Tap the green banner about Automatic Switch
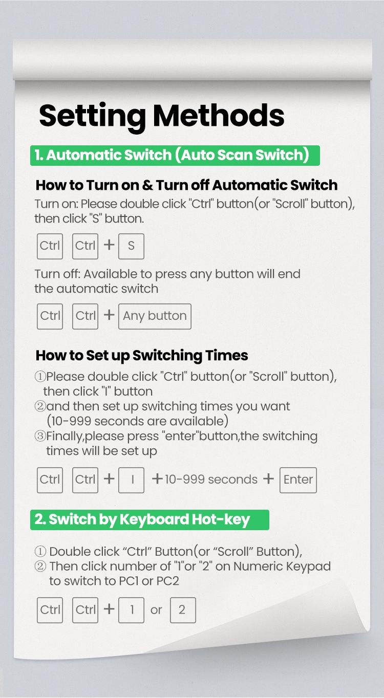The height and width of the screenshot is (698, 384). coord(175,156)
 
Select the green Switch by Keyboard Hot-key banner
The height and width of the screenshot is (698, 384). coord(150,519)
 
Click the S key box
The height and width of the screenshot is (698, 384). coord(131,246)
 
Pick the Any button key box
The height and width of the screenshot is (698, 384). coord(155,316)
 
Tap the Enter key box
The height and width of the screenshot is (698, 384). coord(298,480)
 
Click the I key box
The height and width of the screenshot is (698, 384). coord(131,480)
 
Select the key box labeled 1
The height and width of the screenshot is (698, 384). coord(131,610)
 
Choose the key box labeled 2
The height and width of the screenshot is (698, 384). coord(183,610)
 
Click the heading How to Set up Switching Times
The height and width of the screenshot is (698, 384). coord(142,356)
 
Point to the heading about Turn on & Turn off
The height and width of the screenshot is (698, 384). coord(186,185)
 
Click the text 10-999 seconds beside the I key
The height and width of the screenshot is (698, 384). coord(211,479)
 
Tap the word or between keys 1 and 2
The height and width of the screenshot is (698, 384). coord(156,610)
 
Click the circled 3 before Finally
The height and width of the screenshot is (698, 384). coord(40,436)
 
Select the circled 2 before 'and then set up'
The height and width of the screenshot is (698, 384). coord(40,406)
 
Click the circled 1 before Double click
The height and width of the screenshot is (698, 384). coord(40,551)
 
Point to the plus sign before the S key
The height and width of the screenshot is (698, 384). coord(109,245)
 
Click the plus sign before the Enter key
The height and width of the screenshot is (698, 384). coord(268,478)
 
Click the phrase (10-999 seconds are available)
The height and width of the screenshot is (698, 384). coord(137,421)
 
